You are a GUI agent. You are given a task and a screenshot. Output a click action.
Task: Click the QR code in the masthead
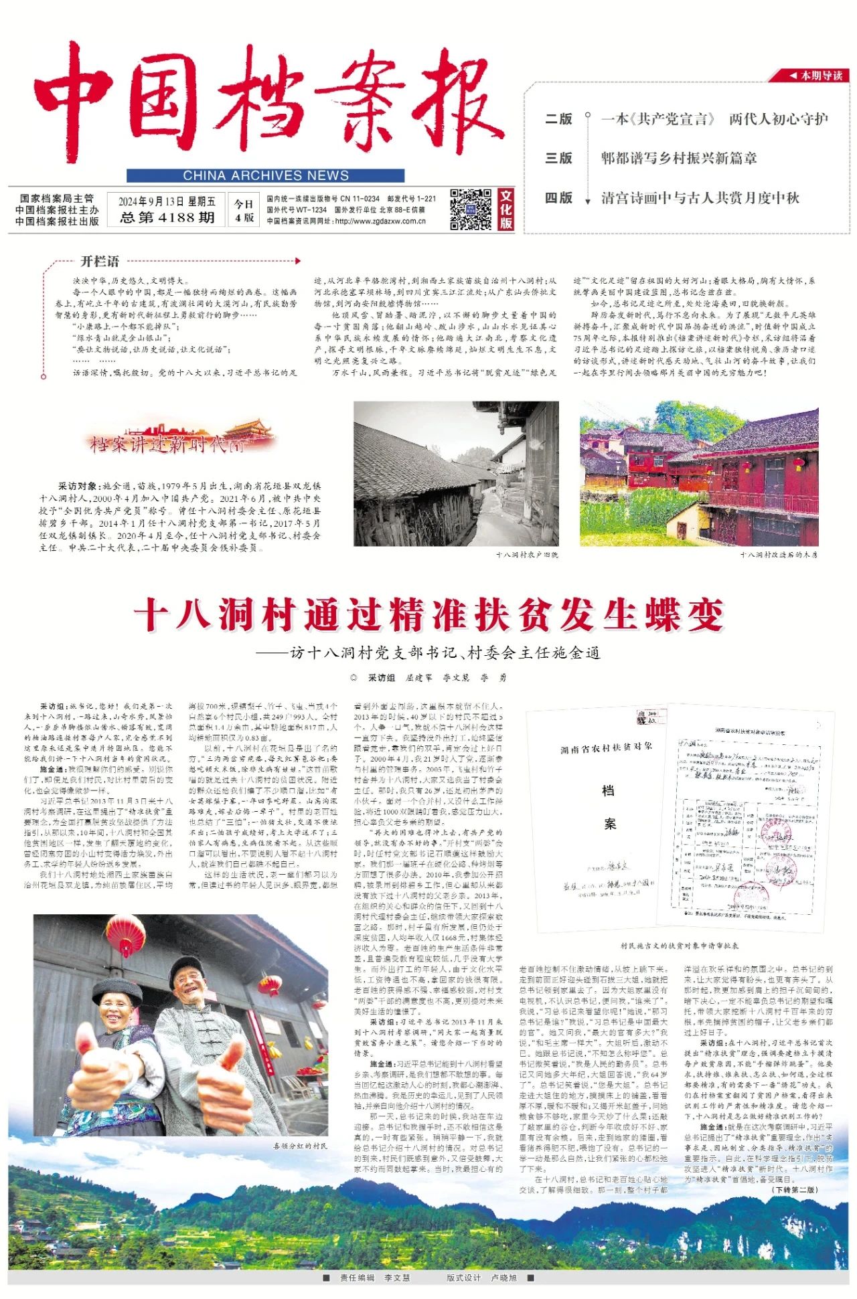pyautogui.click(x=470, y=209)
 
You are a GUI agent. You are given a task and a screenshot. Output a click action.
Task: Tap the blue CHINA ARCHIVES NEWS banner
pyautogui.click(x=265, y=175)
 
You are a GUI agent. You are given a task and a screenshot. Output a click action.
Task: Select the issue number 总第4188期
pyautogui.click(x=167, y=218)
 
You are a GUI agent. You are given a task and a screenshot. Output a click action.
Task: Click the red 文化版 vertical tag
pyautogui.click(x=506, y=209)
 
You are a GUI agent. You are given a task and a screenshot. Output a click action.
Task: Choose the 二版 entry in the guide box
pyautogui.click(x=558, y=119)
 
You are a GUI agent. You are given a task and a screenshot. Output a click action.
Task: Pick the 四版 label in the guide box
pyautogui.click(x=558, y=198)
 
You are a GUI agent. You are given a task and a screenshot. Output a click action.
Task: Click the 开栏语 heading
pyautogui.click(x=100, y=261)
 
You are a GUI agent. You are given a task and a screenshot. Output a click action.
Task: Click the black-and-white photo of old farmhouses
pyautogui.click(x=456, y=473)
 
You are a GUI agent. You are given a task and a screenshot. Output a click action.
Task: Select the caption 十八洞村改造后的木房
pyautogui.click(x=778, y=555)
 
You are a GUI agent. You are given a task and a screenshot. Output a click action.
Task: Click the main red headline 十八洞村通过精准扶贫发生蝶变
pyautogui.click(x=428, y=614)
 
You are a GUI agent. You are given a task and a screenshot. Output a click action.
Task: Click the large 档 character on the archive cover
pyautogui.click(x=608, y=790)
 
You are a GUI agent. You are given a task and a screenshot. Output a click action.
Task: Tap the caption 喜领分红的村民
pyautogui.click(x=301, y=1146)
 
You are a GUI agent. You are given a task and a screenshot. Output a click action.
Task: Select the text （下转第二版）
pyautogui.click(x=795, y=1189)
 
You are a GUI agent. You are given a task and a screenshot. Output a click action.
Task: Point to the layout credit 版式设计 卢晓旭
pyautogui.click(x=481, y=1278)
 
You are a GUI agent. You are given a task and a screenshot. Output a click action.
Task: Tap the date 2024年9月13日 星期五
pyautogui.click(x=167, y=201)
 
